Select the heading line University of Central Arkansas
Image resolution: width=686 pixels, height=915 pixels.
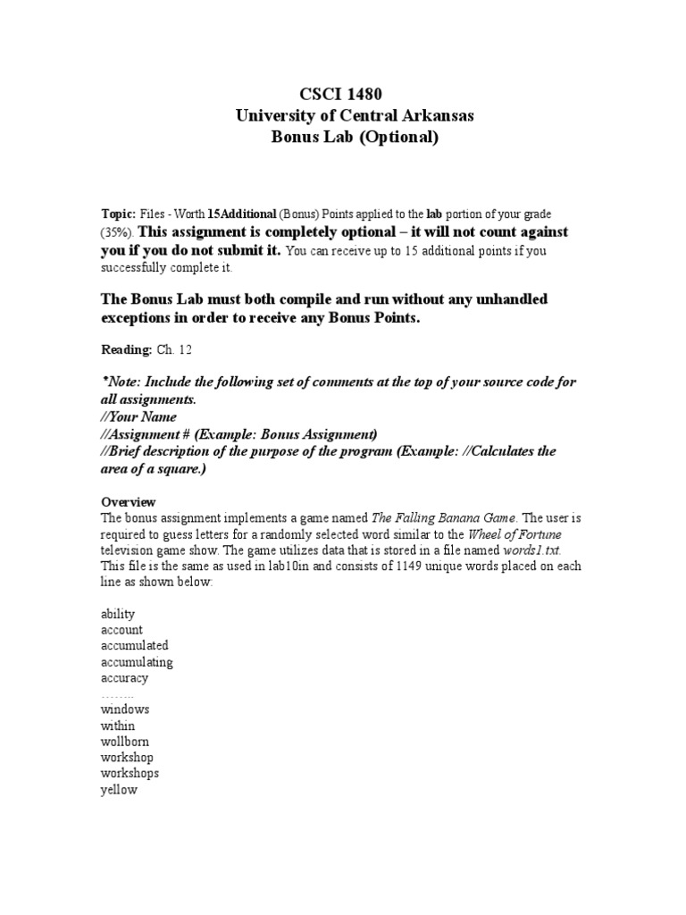343,115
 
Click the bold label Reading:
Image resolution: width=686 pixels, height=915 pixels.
125,352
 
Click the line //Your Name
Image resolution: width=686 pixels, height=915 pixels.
139,416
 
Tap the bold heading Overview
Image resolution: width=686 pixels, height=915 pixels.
128,501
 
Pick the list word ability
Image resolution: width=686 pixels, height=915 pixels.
118,614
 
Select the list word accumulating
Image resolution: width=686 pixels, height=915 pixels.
137,662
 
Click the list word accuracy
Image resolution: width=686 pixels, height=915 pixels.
124,678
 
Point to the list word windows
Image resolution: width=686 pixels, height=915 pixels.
125,709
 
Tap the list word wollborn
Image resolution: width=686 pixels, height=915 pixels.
125,742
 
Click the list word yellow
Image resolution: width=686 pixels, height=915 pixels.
120,790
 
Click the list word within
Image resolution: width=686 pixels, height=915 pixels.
119,726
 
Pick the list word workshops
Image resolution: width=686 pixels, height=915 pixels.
130,774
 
